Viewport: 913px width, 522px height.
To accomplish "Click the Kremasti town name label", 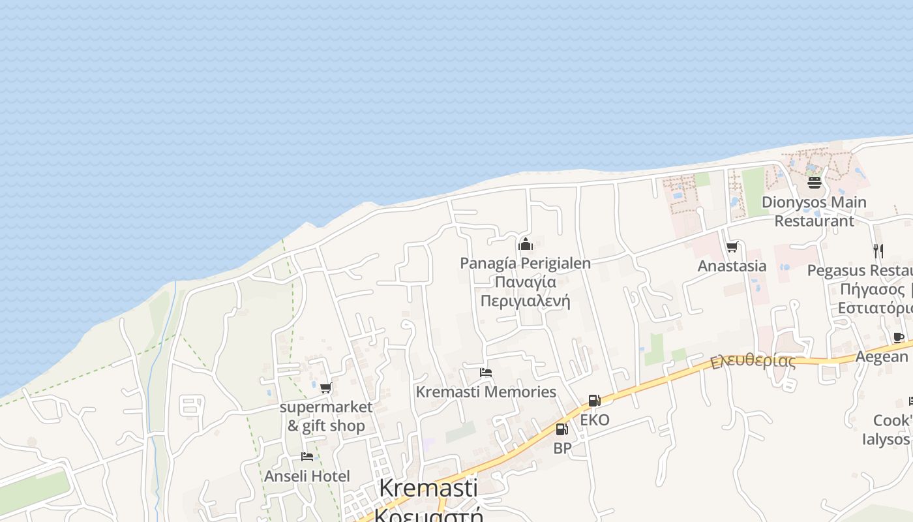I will [x=428, y=488].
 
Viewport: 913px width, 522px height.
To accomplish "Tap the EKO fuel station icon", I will [x=594, y=401].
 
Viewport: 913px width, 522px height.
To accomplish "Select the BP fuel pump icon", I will [x=561, y=429].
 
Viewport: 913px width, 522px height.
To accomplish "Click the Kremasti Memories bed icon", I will [x=485, y=373].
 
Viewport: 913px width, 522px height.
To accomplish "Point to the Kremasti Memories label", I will [x=486, y=392].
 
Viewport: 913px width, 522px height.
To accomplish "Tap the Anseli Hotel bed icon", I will [x=307, y=457].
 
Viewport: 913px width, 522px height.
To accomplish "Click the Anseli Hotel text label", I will [x=307, y=476].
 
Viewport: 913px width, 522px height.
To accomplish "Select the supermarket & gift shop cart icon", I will [x=325, y=388].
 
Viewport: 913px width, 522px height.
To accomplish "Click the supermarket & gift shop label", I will [x=326, y=416].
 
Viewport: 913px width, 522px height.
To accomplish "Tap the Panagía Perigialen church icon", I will [x=526, y=245].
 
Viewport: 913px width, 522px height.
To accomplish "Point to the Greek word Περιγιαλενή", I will [x=525, y=301].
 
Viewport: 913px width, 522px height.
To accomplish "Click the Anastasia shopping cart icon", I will [x=732, y=247].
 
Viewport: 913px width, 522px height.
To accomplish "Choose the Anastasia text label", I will [x=732, y=266].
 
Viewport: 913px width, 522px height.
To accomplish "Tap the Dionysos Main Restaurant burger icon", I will [x=814, y=182].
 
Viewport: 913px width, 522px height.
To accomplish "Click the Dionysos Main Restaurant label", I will [x=814, y=211].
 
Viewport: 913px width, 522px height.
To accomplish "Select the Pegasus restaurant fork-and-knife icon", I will [x=878, y=251].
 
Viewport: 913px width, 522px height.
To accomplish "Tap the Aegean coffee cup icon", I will [x=898, y=337].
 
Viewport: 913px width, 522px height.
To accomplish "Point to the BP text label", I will [x=562, y=448].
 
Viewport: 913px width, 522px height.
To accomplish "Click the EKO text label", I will [x=595, y=420].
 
